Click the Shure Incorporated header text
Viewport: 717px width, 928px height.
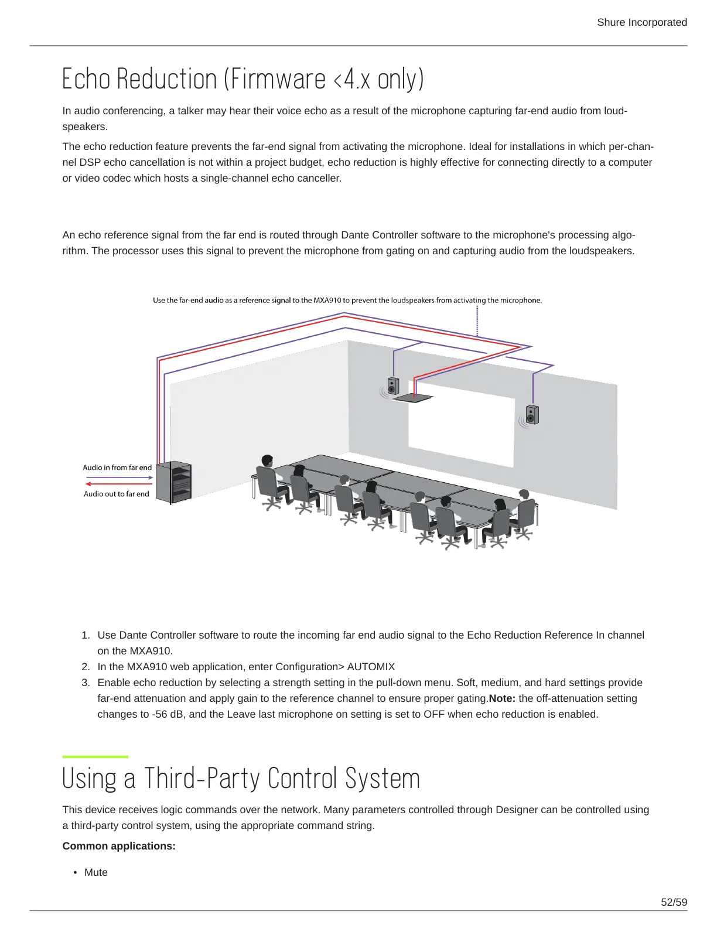tap(641, 22)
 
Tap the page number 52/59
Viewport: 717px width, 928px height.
tap(674, 902)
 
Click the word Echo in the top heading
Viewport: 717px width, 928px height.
tap(87, 79)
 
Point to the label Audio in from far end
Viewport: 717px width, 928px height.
tap(117, 468)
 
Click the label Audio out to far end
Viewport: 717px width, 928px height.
tap(117, 494)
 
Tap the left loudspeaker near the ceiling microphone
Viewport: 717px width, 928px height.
tap(393, 386)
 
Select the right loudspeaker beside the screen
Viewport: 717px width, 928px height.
tap(531, 414)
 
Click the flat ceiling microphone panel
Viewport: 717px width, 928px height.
tap(414, 398)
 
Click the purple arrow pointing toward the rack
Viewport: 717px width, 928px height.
tap(119, 477)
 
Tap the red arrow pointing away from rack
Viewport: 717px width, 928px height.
tap(119, 484)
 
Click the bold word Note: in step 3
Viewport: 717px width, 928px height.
tap(502, 698)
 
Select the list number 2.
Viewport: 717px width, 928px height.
tap(86, 667)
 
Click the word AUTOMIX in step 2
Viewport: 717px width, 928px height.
tap(371, 667)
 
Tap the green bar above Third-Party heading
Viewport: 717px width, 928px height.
tap(95, 757)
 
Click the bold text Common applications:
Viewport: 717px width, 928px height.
tap(119, 846)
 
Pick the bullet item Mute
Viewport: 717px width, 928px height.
tap(95, 872)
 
